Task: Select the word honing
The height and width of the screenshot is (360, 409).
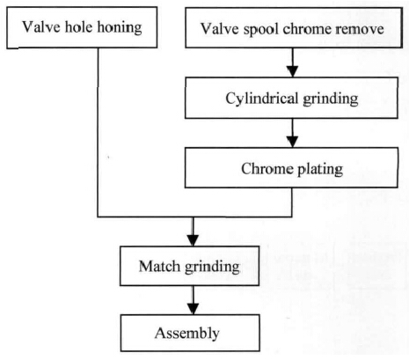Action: pyautogui.click(x=120, y=28)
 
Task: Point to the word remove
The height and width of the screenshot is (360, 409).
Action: pyautogui.click(x=360, y=29)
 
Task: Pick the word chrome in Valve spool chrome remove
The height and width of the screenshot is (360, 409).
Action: pyautogui.click(x=307, y=29)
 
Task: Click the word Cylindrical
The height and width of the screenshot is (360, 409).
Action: pyautogui.click(x=262, y=99)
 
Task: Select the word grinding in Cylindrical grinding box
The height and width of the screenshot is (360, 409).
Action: pyautogui.click(x=331, y=99)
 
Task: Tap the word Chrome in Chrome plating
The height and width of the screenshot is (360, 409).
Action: pyautogui.click(x=267, y=169)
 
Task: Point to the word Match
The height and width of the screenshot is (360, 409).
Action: pyautogui.click(x=159, y=267)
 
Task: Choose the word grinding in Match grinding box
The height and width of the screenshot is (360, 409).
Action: pyautogui.click(x=212, y=268)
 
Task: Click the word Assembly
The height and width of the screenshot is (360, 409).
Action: pyautogui.click(x=187, y=334)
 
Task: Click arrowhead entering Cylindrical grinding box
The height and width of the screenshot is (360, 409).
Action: pyautogui.click(x=292, y=71)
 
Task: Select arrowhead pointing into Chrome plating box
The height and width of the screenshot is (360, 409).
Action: pyautogui.click(x=292, y=142)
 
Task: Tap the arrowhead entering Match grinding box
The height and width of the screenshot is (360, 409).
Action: pyautogui.click(x=193, y=240)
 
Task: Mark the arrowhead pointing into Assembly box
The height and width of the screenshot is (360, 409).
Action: pyautogui.click(x=193, y=309)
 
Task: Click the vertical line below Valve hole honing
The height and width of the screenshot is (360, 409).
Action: pyautogui.click(x=98, y=133)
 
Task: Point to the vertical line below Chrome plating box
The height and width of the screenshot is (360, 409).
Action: pyautogui.click(x=292, y=202)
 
